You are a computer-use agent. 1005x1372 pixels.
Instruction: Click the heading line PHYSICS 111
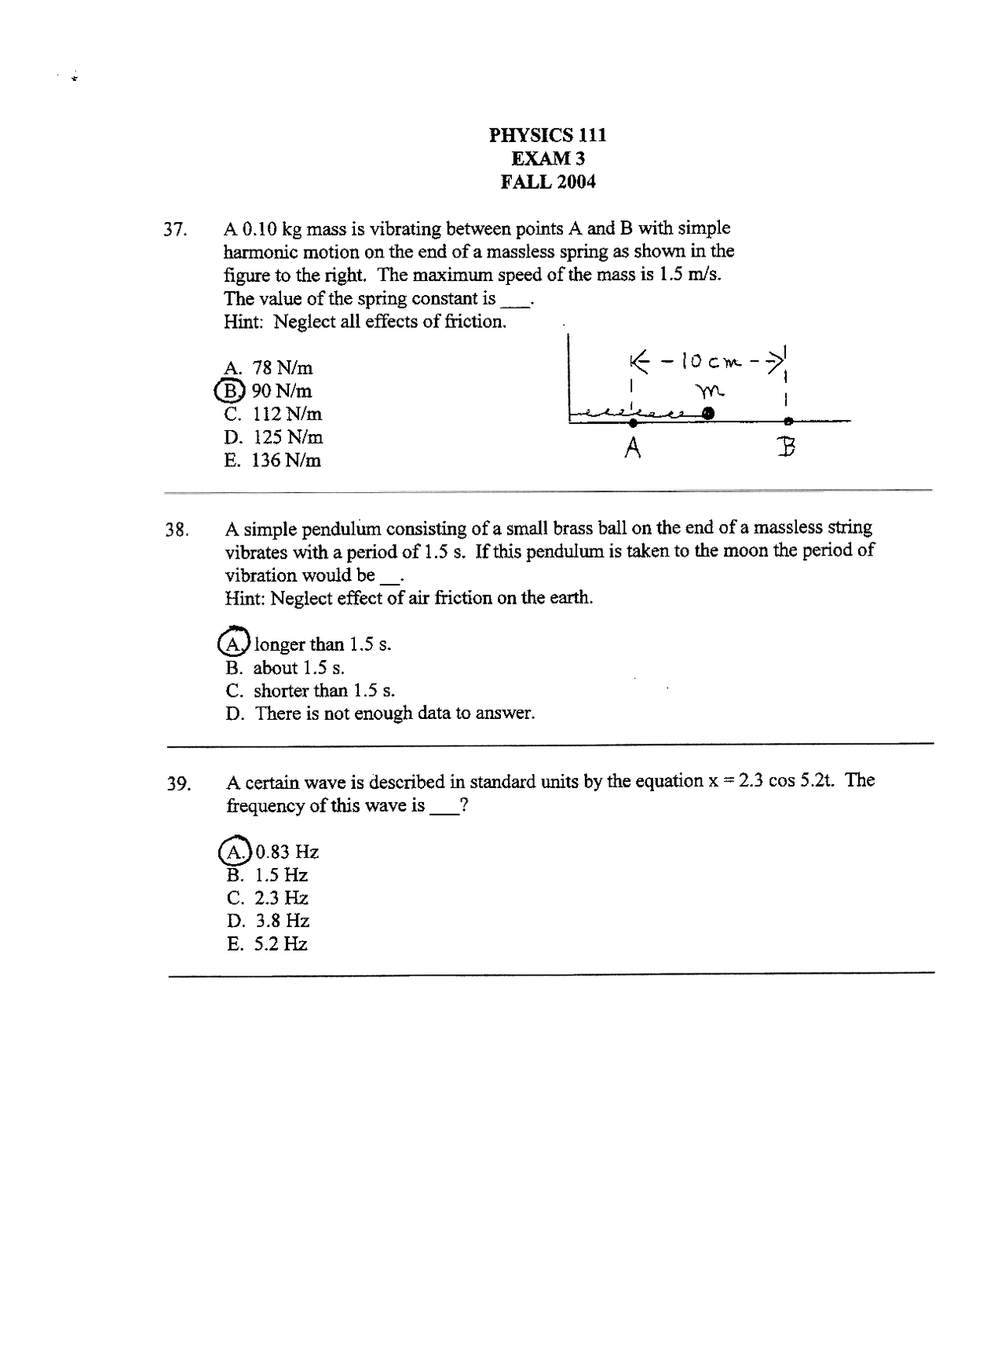pos(547,135)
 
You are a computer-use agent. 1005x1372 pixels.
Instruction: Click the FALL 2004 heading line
pos(547,182)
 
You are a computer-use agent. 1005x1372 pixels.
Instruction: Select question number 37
pos(175,230)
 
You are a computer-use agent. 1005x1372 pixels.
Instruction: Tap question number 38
pos(177,530)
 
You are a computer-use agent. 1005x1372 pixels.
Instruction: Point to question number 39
pos(178,784)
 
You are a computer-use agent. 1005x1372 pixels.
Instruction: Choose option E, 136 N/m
pos(272,461)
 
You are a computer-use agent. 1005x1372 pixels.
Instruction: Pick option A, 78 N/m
pos(269,367)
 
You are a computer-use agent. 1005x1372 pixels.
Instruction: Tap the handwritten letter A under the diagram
pos(633,448)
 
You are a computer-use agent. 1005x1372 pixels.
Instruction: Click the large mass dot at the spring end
pos(708,413)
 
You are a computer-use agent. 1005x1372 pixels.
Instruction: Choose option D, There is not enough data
pos(380,713)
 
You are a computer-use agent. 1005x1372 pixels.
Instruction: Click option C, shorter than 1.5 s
pos(310,691)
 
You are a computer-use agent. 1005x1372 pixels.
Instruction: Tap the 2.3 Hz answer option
pos(268,898)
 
